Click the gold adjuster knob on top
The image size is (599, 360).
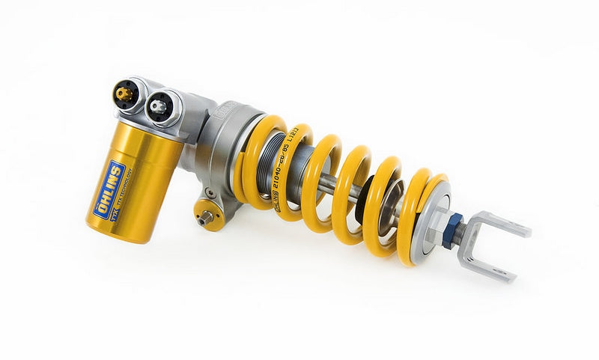[124, 94]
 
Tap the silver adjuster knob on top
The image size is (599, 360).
[159, 106]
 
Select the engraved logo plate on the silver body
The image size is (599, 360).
[222, 113]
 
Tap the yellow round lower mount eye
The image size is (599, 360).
[210, 213]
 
